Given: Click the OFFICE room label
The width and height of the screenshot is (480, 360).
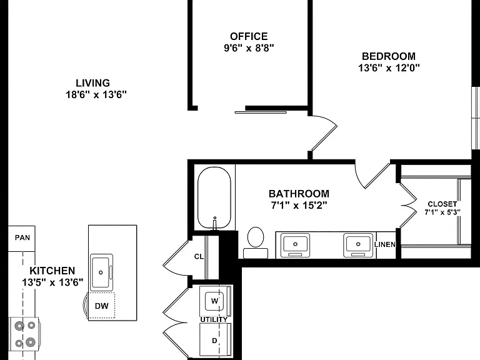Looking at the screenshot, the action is [249, 36].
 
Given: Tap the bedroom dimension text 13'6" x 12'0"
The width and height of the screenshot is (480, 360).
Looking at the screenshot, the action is [389, 67].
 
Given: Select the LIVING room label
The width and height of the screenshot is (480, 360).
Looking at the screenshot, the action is [92, 83].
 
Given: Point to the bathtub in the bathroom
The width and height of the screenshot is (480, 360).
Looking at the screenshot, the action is [214, 197].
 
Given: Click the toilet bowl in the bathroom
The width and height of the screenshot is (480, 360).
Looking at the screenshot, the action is [255, 237].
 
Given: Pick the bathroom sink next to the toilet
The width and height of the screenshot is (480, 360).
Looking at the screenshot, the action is [295, 245].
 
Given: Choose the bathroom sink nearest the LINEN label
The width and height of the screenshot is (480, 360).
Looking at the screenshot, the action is [358, 245].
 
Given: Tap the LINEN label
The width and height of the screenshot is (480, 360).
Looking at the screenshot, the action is [385, 244].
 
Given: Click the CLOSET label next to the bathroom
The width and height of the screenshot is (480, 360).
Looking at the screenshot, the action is [442, 204].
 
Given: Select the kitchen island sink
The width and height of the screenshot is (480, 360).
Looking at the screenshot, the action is [101, 272].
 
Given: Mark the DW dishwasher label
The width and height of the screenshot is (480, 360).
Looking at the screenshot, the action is [102, 306].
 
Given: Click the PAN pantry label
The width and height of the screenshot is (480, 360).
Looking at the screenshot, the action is [22, 237].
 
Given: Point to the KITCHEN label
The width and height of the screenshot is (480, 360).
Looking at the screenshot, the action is [52, 271].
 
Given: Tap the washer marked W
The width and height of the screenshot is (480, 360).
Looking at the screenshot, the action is [214, 301].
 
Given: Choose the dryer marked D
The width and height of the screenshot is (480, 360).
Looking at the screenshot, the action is [214, 341].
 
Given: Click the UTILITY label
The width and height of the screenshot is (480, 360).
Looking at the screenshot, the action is [214, 319].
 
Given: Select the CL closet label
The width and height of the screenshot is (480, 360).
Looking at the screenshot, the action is [199, 256].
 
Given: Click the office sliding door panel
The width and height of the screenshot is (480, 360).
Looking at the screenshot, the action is [261, 112].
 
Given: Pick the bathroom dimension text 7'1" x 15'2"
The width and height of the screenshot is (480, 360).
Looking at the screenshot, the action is [299, 205].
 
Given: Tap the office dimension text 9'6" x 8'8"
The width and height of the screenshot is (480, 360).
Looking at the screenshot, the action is [249, 48].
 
